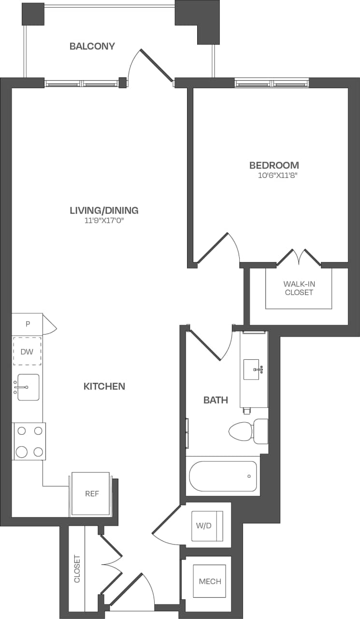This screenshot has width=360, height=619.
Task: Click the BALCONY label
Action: click(x=92, y=46)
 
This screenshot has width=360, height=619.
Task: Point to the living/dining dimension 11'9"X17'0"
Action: click(x=104, y=221)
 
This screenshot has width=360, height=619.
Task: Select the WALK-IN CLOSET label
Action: click(x=299, y=288)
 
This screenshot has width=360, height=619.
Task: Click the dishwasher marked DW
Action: click(x=27, y=352)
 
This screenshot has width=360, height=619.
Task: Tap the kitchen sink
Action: click(x=28, y=387)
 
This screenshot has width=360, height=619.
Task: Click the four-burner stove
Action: click(x=29, y=441)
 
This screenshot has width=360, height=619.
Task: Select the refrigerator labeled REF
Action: click(x=91, y=494)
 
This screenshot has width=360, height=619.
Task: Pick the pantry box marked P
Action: click(x=27, y=324)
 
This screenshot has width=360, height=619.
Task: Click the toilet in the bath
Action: click(x=246, y=431)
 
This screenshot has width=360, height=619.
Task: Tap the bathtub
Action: click(x=223, y=476)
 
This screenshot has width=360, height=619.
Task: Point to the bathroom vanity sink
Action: click(x=253, y=370)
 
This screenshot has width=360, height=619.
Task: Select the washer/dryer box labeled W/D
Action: click(x=207, y=526)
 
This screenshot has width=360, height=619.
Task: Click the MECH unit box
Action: click(x=210, y=581)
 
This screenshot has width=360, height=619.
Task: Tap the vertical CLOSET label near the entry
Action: click(x=77, y=569)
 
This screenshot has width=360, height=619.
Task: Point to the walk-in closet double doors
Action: click(x=299, y=258)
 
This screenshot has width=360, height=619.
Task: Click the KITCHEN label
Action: click(x=104, y=386)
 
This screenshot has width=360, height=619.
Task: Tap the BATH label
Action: click(x=216, y=400)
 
